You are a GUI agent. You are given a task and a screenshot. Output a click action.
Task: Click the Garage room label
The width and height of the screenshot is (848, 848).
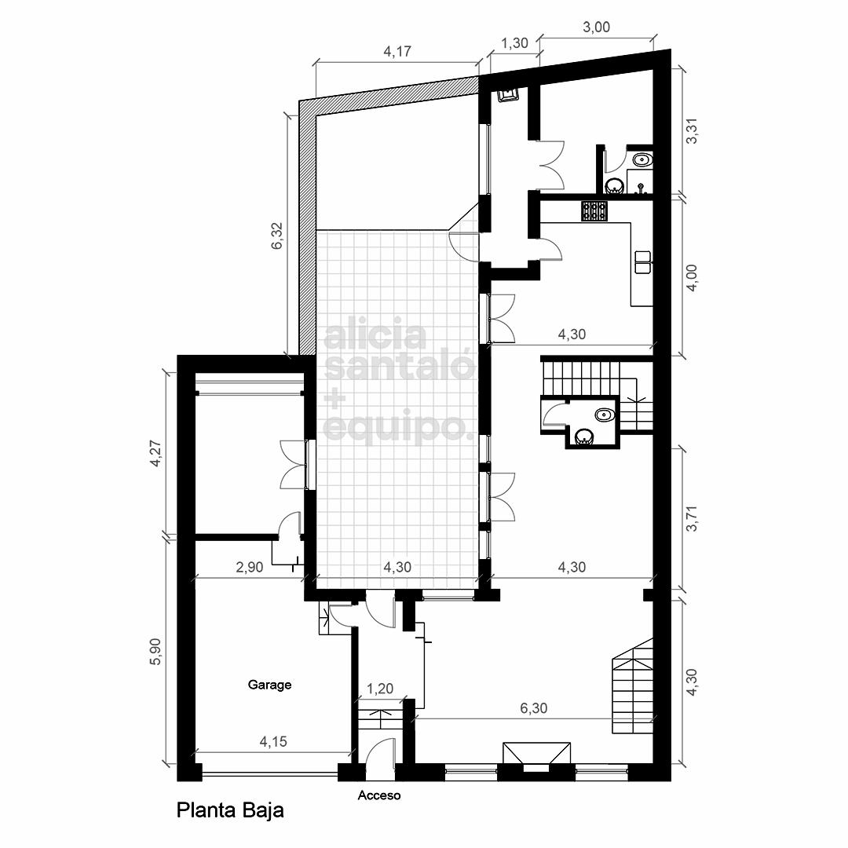tap(269, 685)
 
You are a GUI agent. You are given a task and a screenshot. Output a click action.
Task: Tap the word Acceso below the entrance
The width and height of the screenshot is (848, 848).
tap(379, 795)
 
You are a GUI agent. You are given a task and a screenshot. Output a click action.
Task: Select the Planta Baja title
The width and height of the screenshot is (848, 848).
tap(230, 810)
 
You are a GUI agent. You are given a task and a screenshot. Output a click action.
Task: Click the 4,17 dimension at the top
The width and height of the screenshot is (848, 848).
tap(397, 51)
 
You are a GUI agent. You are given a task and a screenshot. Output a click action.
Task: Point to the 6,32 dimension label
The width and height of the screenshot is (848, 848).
tap(277, 236)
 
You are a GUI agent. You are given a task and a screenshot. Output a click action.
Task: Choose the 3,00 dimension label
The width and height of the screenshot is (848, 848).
tap(596, 27)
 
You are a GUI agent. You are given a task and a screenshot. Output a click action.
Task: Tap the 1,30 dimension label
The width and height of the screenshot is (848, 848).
tap(514, 42)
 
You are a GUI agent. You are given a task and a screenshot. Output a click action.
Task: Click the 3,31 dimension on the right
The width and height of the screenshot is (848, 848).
tap(692, 131)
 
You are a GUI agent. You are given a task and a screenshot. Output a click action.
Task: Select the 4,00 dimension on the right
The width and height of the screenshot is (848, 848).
tap(692, 278)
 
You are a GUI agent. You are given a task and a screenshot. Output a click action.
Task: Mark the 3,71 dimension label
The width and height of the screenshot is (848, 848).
tap(692, 518)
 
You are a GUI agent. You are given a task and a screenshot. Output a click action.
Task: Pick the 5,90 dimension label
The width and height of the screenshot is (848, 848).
tap(155, 651)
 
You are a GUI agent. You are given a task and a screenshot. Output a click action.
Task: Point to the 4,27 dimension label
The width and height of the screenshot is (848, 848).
tap(155, 454)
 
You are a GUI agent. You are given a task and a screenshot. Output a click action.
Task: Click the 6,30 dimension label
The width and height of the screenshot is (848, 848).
tap(534, 708)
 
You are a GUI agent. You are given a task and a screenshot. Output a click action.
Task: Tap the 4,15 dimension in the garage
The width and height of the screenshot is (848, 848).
tap(273, 741)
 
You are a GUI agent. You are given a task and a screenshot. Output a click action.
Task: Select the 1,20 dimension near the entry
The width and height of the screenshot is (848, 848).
tap(380, 689)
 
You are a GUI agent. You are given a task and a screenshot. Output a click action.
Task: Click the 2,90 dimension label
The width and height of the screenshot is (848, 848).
tap(250, 567)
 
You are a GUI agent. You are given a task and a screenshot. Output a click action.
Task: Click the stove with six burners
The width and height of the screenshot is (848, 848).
tap(594, 211)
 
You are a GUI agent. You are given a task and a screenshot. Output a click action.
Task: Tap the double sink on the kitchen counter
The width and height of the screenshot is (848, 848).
tap(643, 261)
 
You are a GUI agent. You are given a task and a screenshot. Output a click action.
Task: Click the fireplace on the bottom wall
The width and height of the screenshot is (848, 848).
tap(536, 756)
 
